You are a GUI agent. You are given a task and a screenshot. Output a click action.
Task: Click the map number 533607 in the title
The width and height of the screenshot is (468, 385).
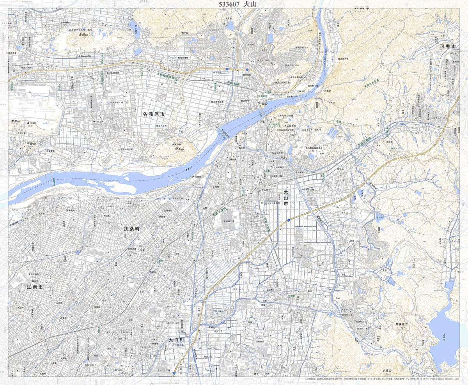point(223,4)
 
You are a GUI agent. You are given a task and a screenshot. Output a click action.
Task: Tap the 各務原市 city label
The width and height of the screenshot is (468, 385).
point(154,115)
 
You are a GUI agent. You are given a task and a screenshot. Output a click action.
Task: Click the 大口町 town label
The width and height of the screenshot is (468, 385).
point(176,340)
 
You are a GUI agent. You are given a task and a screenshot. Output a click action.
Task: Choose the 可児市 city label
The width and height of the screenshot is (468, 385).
point(447,46)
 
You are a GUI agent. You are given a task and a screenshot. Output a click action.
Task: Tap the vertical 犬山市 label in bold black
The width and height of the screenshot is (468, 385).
point(286,198)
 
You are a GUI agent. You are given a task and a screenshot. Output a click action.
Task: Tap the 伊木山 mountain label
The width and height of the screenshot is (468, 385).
point(179,148)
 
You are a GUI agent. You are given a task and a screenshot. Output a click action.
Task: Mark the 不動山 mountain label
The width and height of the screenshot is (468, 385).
point(31,143)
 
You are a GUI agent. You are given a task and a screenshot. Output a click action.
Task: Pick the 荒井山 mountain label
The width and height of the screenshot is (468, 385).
point(15,122)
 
